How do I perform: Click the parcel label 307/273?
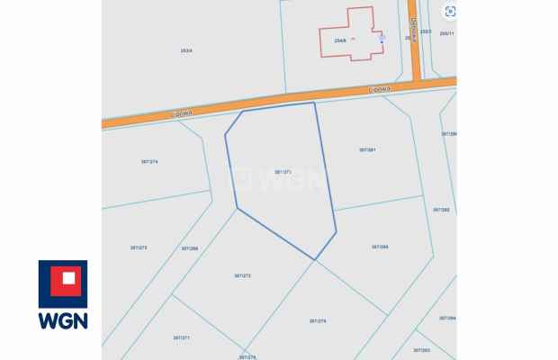click(x=283, y=171)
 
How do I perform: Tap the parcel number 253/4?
click(x=186, y=50)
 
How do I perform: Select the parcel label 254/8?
click(x=340, y=40)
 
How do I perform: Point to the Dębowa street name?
click(x=413, y=29)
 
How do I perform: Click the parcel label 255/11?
click(x=446, y=33)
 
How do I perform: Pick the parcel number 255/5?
click(x=426, y=32)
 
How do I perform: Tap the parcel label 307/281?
click(x=367, y=149)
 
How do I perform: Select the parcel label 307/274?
click(x=149, y=161)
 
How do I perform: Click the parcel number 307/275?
click(x=139, y=247)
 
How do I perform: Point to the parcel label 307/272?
click(x=242, y=275)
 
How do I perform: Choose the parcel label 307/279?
click(x=318, y=320)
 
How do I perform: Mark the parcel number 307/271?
click(x=181, y=337)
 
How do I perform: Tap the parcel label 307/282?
click(x=441, y=210)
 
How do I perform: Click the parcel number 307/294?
click(x=447, y=318)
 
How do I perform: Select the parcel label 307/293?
click(x=421, y=350)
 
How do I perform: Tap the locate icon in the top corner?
click(x=450, y=12)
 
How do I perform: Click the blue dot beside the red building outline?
click(x=382, y=41)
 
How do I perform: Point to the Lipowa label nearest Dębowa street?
click(x=379, y=89)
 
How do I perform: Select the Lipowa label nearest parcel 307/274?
click(x=180, y=113)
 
